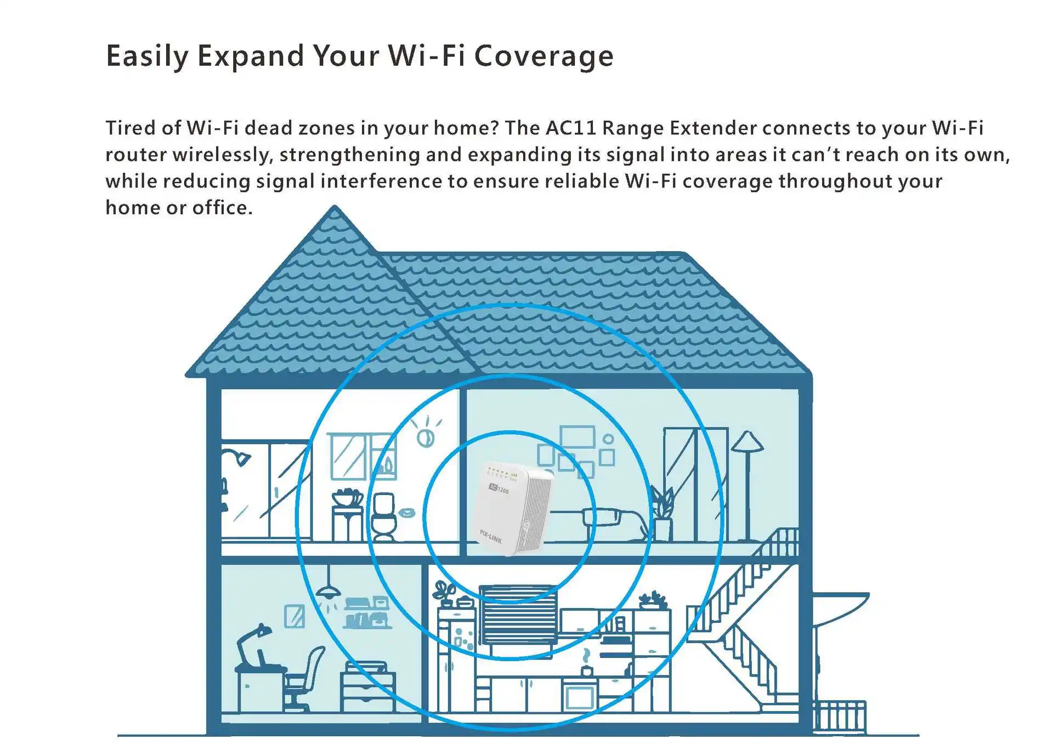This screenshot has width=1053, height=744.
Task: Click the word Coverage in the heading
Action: point(544,56)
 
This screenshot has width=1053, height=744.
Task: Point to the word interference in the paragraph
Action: point(381,181)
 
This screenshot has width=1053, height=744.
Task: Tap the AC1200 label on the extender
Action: point(499,489)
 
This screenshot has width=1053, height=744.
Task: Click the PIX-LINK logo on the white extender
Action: point(490,536)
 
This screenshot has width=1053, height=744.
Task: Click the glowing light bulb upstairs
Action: point(425,437)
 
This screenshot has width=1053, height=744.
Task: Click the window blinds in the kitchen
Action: point(519,614)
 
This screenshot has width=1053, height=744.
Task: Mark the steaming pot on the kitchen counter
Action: point(586,666)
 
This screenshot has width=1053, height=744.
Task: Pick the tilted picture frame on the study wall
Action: point(295,616)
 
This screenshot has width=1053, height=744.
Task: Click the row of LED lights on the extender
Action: point(502,473)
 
